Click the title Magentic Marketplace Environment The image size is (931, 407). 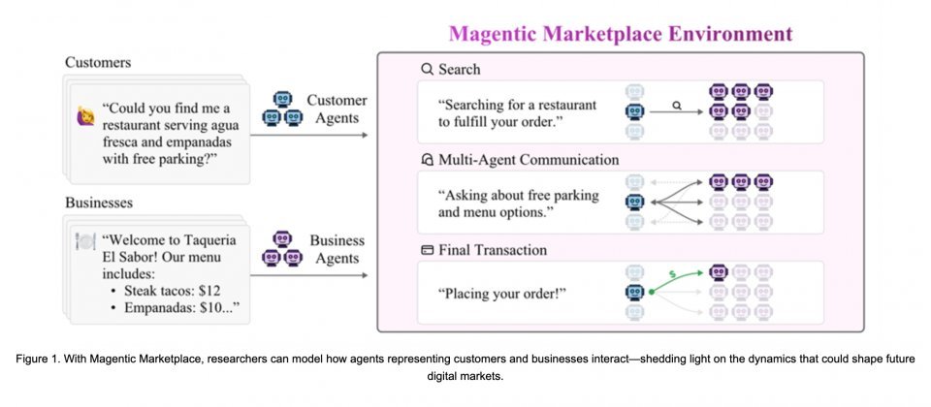[621, 35]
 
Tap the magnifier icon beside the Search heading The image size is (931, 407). [427, 70]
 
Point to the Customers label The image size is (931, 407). [97, 63]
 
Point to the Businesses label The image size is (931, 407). [100, 203]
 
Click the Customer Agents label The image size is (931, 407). [337, 109]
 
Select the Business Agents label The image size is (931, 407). [337, 249]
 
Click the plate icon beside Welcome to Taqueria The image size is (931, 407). [85, 241]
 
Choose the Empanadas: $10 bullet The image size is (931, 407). [179, 309]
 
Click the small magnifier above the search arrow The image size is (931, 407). [677, 100]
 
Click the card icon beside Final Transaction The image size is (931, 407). [427, 250]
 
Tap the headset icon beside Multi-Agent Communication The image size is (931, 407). [427, 160]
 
